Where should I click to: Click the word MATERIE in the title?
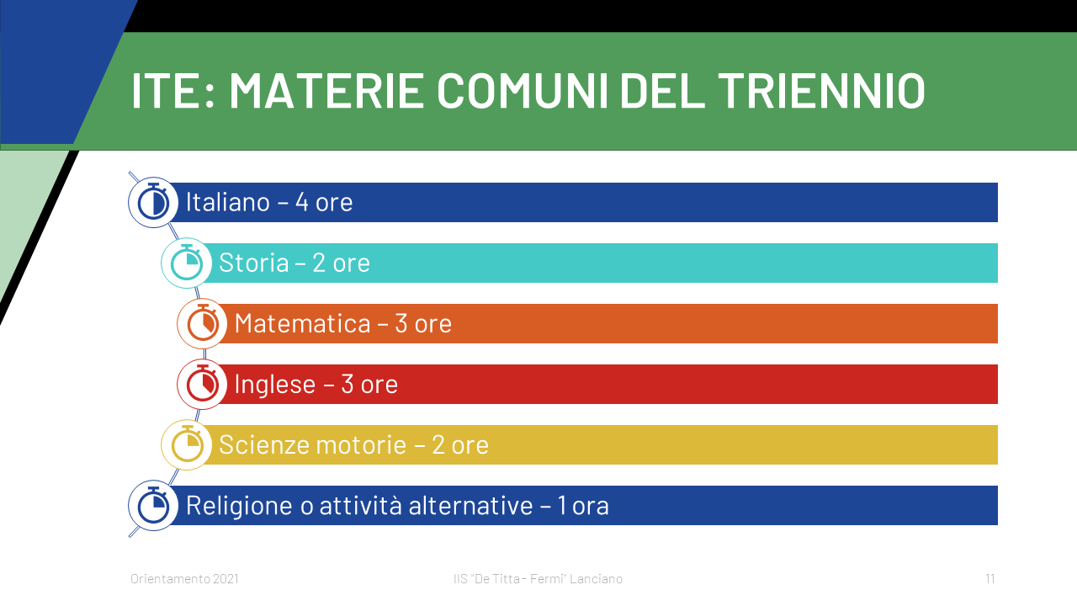326,90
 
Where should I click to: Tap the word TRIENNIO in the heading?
822,90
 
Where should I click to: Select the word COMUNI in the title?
523,90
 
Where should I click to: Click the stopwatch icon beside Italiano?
153,202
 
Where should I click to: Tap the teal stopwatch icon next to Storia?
187,263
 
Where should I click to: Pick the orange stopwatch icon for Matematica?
203,323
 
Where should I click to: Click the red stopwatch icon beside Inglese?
203,384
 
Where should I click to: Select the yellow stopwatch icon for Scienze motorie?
187,444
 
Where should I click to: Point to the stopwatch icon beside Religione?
153,505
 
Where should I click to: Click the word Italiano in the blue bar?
228,202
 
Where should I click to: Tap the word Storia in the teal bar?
254,263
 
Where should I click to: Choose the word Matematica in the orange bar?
303,323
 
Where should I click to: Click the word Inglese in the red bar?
275,385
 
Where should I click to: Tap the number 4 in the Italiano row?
302,202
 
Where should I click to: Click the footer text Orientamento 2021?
184,578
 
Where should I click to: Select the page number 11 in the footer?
990,578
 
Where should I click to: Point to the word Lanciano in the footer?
597,578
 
